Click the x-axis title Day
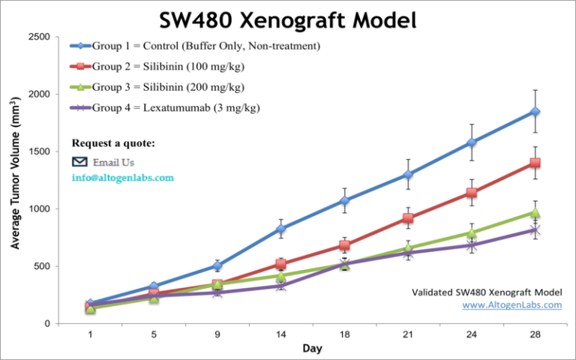(x=313, y=349)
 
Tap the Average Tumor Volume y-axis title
(x=16, y=180)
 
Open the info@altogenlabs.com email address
(x=122, y=178)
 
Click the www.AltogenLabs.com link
(x=511, y=305)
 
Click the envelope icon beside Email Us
(x=79, y=161)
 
